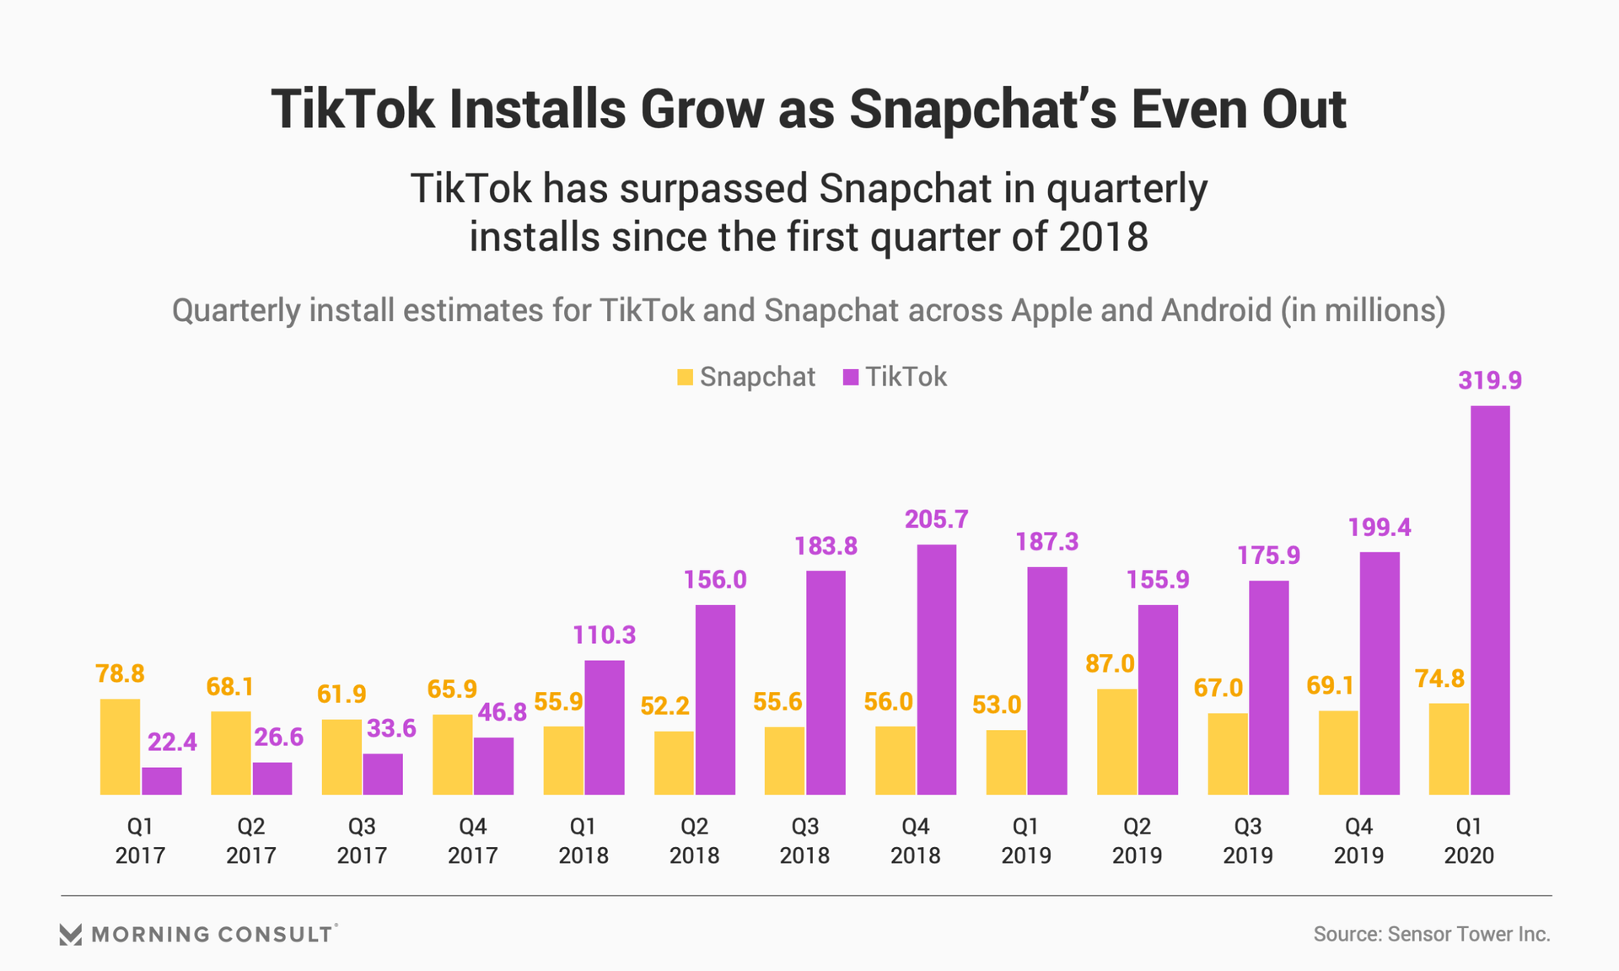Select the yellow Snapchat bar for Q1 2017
pyautogui.click(x=120, y=747)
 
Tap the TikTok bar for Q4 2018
pyautogui.click(x=936, y=669)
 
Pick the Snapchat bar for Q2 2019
pyautogui.click(x=1116, y=742)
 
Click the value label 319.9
pyautogui.click(x=1490, y=381)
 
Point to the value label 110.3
pyautogui.click(x=604, y=635)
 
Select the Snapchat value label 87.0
pyautogui.click(x=1110, y=664)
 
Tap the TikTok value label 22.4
pyautogui.click(x=172, y=742)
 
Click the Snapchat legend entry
pyautogui.click(x=746, y=377)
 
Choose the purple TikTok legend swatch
pyautogui.click(x=851, y=377)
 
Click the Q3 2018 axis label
pyautogui.click(x=804, y=840)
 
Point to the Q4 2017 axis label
pyautogui.click(x=472, y=840)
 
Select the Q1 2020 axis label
pyautogui.click(x=1468, y=840)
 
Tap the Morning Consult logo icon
pyautogui.click(x=71, y=934)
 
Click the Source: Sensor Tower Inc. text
pyautogui.click(x=1431, y=934)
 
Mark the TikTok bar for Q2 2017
pyautogui.click(x=272, y=779)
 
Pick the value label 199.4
pyautogui.click(x=1379, y=528)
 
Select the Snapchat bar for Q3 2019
pyautogui.click(x=1227, y=754)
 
